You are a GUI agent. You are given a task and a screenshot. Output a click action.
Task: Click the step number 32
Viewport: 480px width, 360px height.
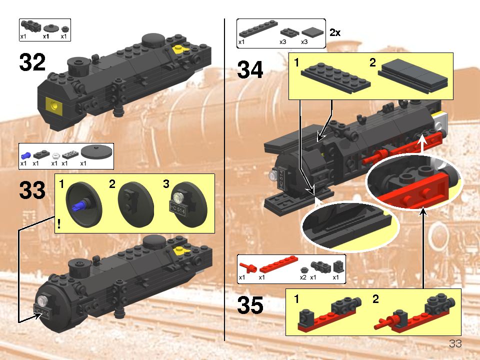tap(32, 62)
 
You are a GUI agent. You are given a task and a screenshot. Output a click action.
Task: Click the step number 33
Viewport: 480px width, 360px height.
tap(32, 190)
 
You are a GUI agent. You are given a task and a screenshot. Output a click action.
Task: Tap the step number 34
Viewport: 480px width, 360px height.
tap(250, 69)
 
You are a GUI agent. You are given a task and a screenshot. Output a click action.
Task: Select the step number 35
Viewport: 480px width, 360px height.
tap(250, 305)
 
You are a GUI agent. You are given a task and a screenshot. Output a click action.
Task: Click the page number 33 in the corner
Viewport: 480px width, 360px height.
tap(455, 343)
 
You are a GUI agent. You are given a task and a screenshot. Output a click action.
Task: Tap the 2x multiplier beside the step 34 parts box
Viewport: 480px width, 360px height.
tap(335, 32)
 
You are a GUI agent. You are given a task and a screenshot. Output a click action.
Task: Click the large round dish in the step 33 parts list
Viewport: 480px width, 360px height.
tap(96, 152)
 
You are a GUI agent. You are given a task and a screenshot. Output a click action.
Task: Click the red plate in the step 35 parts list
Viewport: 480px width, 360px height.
tap(278, 264)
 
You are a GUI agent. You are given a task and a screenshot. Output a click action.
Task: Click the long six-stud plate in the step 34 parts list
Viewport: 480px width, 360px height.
tap(258, 29)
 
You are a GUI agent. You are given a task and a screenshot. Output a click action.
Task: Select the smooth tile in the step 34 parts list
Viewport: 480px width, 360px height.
tap(312, 32)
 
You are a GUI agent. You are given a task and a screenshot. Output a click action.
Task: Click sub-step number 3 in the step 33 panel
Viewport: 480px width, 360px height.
tap(166, 184)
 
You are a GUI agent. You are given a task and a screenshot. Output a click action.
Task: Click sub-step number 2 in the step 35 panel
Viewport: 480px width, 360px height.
tap(375, 299)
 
